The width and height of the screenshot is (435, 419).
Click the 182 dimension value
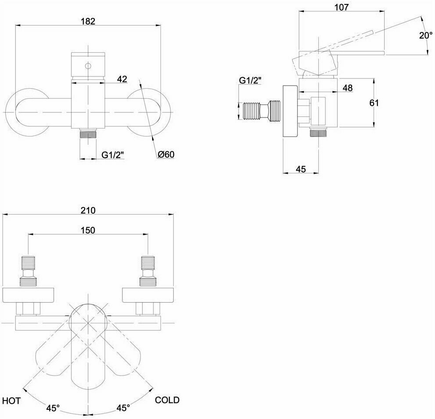88,21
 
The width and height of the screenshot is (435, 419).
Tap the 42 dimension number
122,79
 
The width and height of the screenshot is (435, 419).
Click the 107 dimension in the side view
341,7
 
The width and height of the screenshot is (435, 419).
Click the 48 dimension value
347,88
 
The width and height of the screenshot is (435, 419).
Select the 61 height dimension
374,103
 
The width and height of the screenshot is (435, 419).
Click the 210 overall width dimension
88,210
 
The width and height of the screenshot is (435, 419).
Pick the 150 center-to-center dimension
88,230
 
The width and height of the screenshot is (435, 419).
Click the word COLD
167,400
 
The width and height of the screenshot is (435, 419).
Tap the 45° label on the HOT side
53,408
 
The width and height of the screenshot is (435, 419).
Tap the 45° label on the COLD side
123,408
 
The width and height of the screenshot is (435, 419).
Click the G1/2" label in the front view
113,154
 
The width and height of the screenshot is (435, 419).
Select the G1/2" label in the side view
250,80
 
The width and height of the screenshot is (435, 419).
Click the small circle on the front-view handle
88,66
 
